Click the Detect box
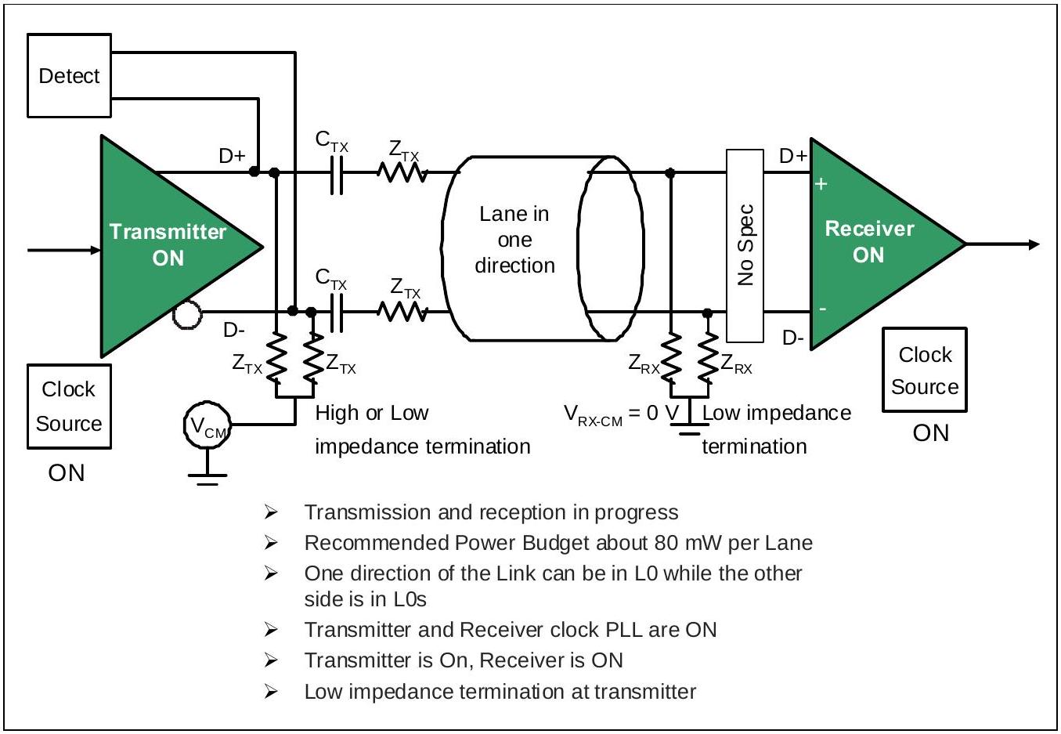(69, 75)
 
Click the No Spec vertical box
(745, 245)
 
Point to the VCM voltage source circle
(208, 425)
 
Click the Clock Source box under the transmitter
(69, 406)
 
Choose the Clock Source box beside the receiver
(925, 370)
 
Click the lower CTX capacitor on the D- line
(336, 313)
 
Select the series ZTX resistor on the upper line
(402, 172)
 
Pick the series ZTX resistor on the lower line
(402, 312)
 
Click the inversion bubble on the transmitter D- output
(187, 315)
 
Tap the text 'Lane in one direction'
(514, 239)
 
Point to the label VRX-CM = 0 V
(622, 414)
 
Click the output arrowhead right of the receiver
(1034, 244)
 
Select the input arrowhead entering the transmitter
(96, 250)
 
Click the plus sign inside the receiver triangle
(821, 184)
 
